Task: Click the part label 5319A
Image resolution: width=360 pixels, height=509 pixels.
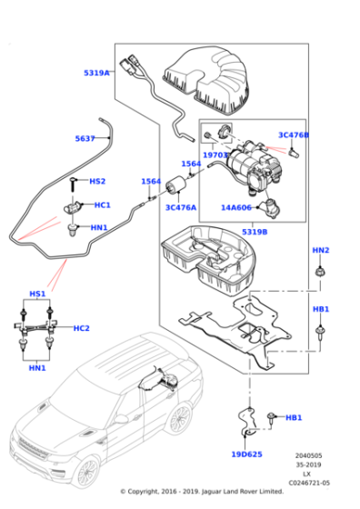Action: (96, 72)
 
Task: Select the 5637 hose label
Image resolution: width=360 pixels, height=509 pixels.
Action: (85, 139)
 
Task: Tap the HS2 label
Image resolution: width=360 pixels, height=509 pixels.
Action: (97, 182)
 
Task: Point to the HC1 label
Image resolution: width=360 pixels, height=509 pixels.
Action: (102, 205)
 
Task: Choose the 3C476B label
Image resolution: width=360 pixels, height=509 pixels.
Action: (294, 135)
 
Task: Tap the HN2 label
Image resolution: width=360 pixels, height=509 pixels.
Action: (321, 250)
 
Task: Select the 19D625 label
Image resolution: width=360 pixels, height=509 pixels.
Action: (246, 454)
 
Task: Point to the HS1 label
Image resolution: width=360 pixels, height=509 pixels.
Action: (37, 294)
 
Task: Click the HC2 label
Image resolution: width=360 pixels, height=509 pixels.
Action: (82, 328)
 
